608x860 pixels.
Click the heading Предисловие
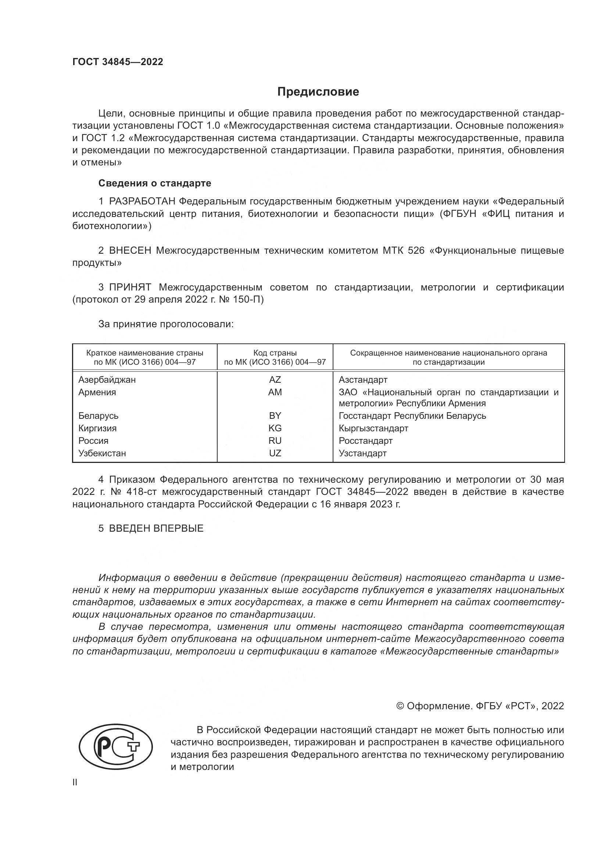318,92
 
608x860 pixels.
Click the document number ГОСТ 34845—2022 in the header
118,62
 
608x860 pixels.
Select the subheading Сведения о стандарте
155,183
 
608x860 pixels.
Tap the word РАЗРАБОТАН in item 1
142,201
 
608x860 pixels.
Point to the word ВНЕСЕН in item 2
130,251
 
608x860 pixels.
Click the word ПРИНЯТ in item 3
130,287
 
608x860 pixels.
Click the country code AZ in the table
275,380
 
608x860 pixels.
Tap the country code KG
275,428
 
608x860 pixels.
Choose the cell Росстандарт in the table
365,441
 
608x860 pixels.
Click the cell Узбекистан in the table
102,453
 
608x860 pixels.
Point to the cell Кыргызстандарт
373,428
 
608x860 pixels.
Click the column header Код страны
275,353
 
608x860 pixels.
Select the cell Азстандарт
363,380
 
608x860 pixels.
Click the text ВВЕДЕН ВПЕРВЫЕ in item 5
156,528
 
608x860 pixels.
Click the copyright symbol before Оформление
400,706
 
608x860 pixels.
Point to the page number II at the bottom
75,782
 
